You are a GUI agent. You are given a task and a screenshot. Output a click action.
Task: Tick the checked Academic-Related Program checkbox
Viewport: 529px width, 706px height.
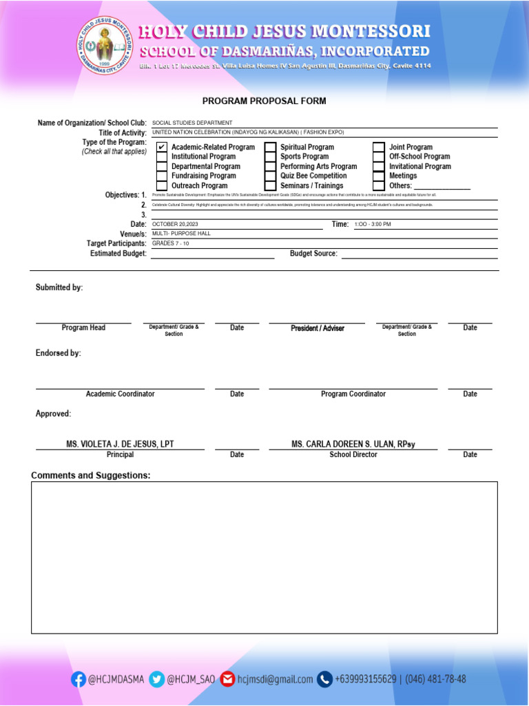pos(161,148)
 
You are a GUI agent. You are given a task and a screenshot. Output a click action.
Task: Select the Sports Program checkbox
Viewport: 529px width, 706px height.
pos(271,157)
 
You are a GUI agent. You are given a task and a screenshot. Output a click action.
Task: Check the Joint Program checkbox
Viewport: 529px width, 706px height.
pos(379,148)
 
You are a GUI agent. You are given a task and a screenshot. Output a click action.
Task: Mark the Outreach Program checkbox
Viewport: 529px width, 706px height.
pos(161,186)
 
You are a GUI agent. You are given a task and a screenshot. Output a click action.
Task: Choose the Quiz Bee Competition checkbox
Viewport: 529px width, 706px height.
pos(271,176)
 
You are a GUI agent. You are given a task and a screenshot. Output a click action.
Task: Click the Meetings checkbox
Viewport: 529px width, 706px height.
pos(379,176)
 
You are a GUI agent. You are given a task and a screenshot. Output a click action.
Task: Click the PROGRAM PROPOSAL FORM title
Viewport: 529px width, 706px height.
pos(264,101)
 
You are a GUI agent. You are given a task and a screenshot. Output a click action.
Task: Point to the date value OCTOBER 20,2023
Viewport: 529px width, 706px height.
pos(175,225)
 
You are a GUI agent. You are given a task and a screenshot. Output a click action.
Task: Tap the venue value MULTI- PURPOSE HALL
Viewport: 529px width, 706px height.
pos(181,234)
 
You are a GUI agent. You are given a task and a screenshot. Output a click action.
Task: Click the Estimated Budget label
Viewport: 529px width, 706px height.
pos(118,254)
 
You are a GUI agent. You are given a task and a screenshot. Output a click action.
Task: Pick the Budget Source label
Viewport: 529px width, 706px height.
pos(313,254)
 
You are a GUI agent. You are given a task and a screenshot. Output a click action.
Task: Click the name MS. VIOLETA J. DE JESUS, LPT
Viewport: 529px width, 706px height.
pos(120,445)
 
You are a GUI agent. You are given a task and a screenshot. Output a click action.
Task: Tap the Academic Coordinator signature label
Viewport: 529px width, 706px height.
pos(120,394)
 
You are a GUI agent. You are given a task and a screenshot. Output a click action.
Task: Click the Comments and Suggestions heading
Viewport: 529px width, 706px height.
pos(90,476)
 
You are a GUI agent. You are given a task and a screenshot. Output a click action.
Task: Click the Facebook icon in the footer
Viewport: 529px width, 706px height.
pos(79,679)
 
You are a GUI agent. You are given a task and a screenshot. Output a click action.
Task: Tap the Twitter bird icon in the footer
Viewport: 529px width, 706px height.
pos(157,679)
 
